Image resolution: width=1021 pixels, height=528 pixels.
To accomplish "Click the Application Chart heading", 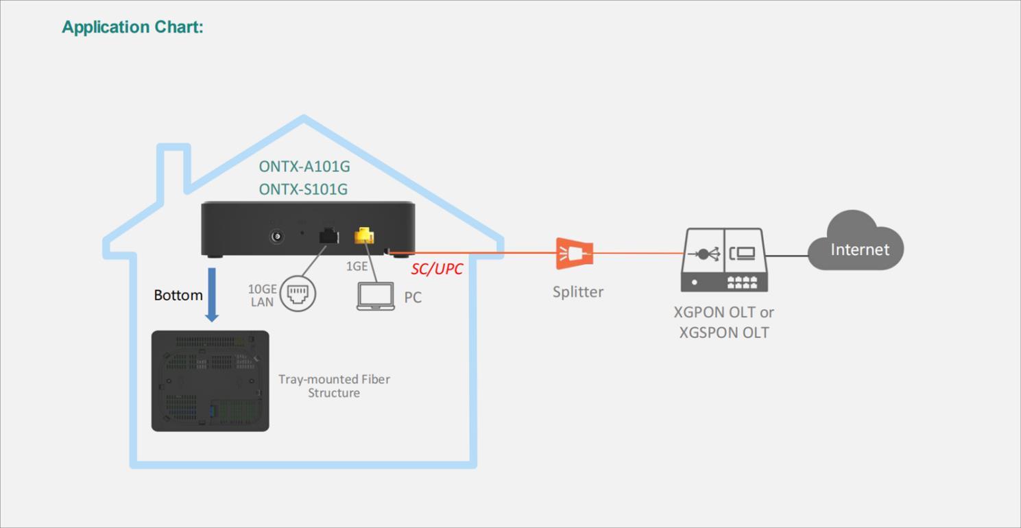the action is point(132,27).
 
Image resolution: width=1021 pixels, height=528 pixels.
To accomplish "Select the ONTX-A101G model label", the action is point(304,167).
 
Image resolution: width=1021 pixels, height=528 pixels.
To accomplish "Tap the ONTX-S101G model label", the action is point(303,189).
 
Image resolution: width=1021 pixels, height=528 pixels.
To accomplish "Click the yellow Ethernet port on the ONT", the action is point(364,235).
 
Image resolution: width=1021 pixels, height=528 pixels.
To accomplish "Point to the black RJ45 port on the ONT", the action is point(328,236).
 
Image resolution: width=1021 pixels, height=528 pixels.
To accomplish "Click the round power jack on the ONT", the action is point(276,236).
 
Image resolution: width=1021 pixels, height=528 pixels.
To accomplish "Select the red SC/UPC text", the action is point(437,269).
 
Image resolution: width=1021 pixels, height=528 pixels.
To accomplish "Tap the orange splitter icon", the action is point(575,253).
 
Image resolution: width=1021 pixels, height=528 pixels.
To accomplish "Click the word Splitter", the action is point(578,292).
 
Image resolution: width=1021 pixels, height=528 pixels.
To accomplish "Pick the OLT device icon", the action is point(724,260).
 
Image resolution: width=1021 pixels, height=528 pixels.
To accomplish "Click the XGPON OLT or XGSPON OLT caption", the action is point(724,322).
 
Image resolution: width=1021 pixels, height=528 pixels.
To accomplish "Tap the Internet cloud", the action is point(856,241).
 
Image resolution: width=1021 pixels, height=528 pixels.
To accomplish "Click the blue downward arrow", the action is point(212,295).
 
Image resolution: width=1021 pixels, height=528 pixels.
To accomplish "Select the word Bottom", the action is point(178,295).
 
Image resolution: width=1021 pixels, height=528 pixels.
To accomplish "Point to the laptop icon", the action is point(376,296).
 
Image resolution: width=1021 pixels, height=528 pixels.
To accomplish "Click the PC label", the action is point(413,298).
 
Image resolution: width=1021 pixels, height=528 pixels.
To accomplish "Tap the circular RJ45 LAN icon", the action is point(298,293).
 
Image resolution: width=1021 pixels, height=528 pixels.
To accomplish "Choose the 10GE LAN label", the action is point(263,296).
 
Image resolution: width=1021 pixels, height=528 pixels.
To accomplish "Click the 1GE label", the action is point(357,266).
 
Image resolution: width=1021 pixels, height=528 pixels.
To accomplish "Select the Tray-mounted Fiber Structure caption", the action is point(334,386).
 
